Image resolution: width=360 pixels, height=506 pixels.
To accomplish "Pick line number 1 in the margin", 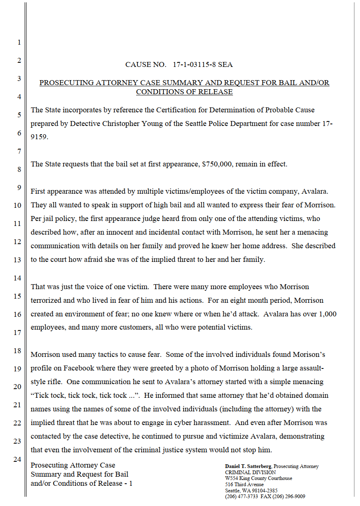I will coord(19,42).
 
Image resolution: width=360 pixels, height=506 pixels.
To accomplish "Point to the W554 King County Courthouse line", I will coord(258,478).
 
